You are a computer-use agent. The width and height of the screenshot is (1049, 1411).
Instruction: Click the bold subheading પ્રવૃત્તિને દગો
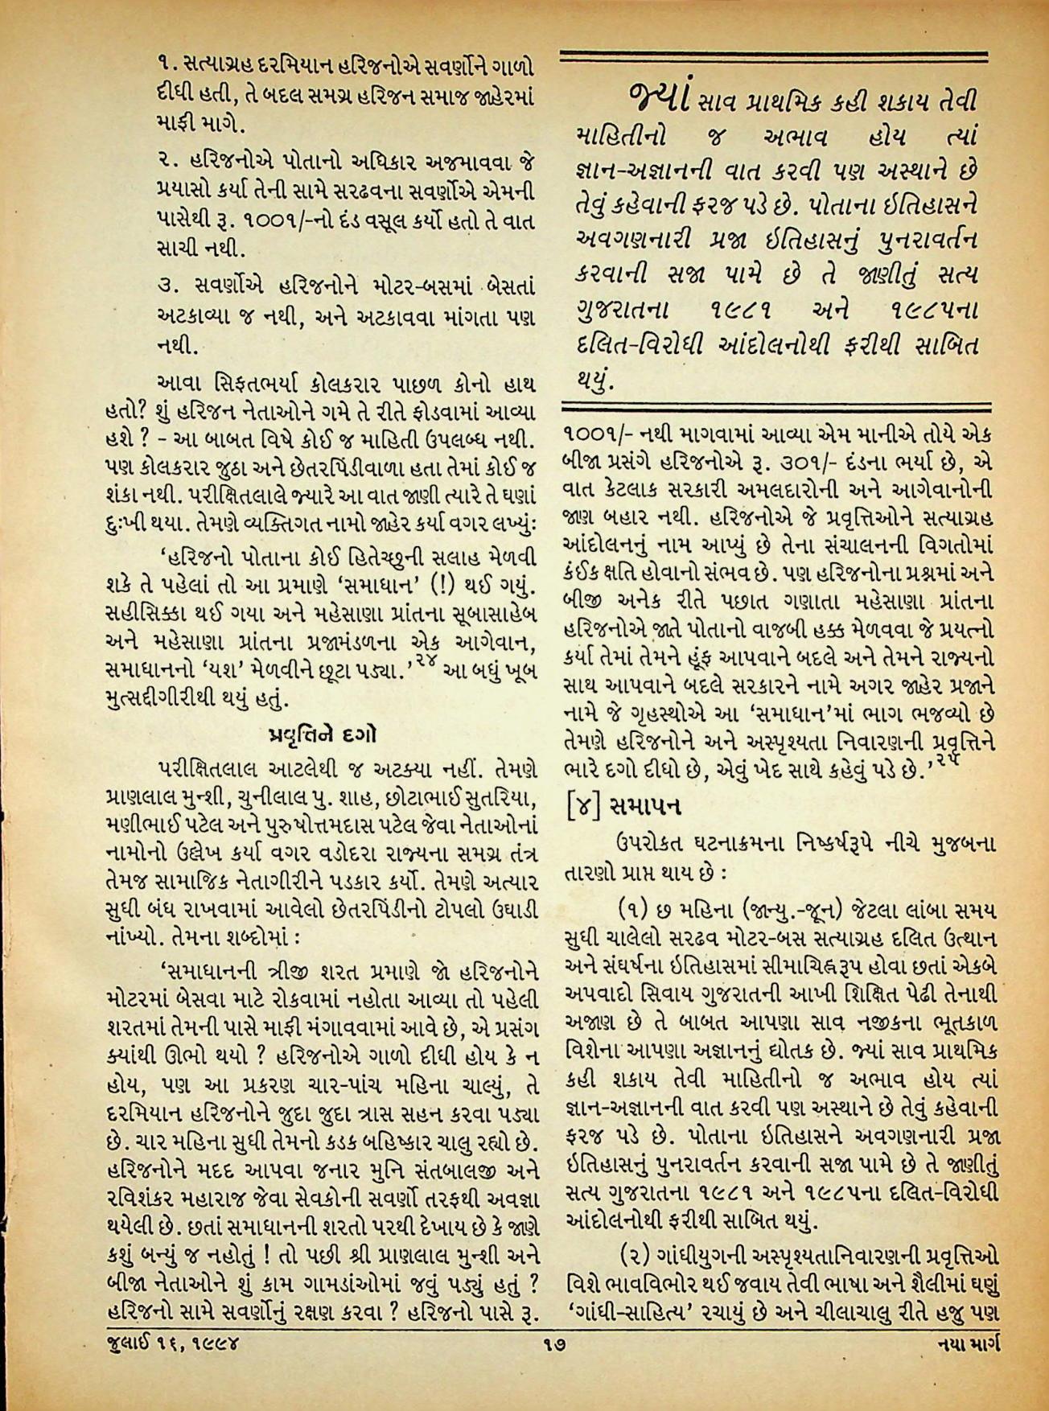[319, 735]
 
